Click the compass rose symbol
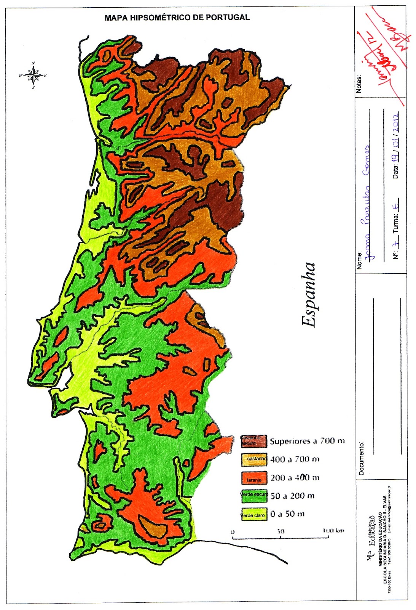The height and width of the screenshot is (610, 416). click(x=33, y=75)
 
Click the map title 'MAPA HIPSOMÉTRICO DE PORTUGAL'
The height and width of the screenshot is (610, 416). click(x=177, y=18)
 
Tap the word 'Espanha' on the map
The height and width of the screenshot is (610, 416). click(x=309, y=295)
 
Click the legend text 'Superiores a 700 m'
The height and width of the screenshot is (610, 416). click(x=307, y=441)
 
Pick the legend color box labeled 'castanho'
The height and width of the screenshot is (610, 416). click(x=254, y=459)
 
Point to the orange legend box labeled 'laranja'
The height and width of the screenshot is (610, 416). click(x=254, y=478)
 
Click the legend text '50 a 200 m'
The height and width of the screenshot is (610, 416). click(x=292, y=496)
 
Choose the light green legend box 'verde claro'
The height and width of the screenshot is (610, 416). click(x=254, y=514)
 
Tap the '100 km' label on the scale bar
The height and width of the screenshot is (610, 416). click(x=333, y=530)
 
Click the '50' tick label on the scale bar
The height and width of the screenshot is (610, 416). click(x=281, y=531)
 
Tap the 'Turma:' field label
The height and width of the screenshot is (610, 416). click(x=396, y=224)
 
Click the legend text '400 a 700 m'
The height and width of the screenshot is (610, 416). click(x=295, y=459)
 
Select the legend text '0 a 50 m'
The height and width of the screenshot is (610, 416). click(x=287, y=514)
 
